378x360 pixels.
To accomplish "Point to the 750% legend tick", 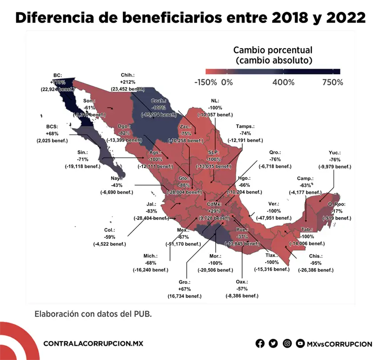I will coord(333,82).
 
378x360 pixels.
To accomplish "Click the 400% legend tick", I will coord(283,82).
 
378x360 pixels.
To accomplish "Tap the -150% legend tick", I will coord(205,82).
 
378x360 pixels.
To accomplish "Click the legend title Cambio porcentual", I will coord(273,50).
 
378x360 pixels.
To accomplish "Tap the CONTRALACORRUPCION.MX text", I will coord(93,344).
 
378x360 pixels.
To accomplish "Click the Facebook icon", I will coord(260,344).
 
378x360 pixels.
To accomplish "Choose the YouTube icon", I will coord(301,344).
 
